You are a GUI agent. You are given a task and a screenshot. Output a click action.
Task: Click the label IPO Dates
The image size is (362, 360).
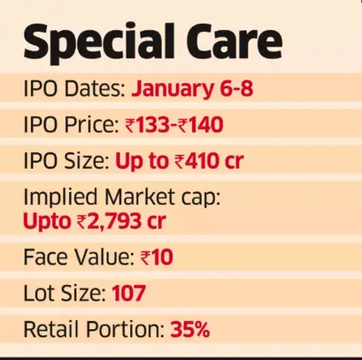tap(75, 89)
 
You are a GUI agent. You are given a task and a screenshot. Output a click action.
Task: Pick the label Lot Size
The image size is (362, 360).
tap(63, 292)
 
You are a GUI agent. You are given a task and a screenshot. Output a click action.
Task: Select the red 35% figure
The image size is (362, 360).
tap(190, 330)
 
